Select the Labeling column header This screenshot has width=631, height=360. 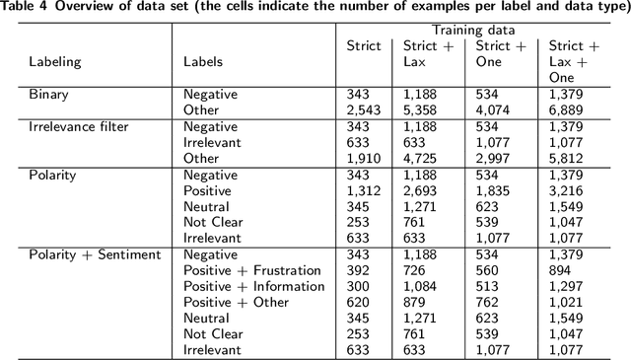[x=55, y=61]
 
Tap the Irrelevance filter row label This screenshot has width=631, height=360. [x=79, y=126]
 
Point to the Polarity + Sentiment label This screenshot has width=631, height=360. [x=95, y=254]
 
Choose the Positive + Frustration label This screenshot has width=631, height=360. [x=252, y=270]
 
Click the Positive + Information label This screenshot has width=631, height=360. [x=253, y=286]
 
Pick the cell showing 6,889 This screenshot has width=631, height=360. [x=566, y=110]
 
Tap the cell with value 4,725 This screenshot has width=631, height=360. [x=421, y=158]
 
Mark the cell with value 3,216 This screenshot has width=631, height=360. [x=566, y=190]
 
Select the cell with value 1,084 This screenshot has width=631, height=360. [x=421, y=286]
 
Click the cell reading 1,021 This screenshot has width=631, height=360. [x=566, y=302]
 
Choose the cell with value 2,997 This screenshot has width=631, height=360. [x=493, y=158]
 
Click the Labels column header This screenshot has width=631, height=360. [x=203, y=61]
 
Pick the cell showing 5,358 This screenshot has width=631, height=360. [x=421, y=110]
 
